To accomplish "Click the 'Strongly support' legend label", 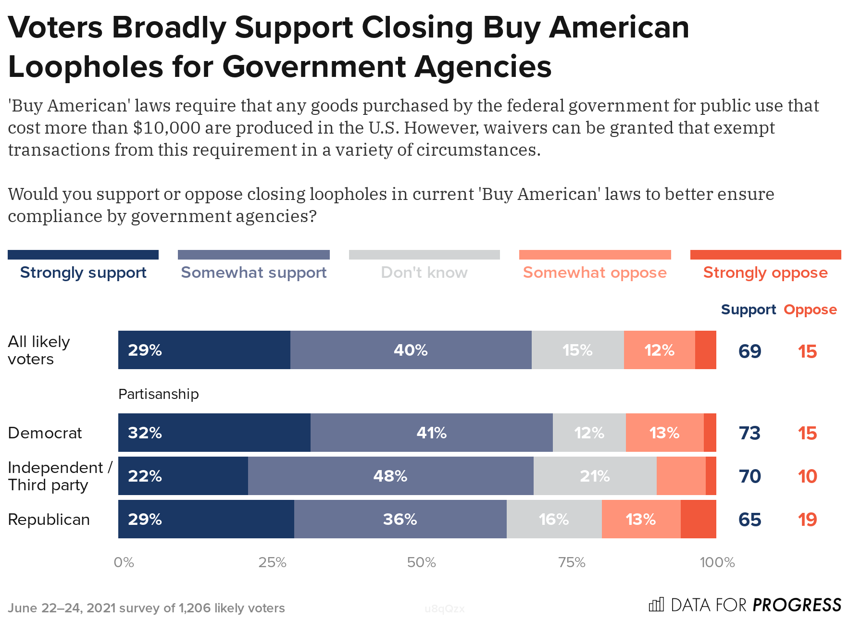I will point(83,273).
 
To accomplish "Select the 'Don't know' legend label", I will point(424,273).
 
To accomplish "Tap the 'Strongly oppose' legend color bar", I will point(765,255).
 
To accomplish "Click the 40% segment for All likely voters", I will point(411,350).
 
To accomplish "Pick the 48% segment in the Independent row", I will point(390,476).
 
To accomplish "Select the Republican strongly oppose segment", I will point(698,519).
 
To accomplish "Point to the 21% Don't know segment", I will point(595,476).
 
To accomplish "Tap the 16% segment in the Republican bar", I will point(554,519).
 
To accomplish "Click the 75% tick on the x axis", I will point(572,562).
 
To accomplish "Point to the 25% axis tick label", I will point(272,562).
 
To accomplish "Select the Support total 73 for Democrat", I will point(749,433).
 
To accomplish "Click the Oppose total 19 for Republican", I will point(807,520).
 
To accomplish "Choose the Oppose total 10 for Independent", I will point(807,476).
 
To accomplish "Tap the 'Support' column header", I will point(748,310).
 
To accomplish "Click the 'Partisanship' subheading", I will point(158,394).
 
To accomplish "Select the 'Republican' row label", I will point(49,520).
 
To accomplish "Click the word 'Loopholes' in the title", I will point(86,66).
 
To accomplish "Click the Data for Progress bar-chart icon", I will point(656,604).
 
